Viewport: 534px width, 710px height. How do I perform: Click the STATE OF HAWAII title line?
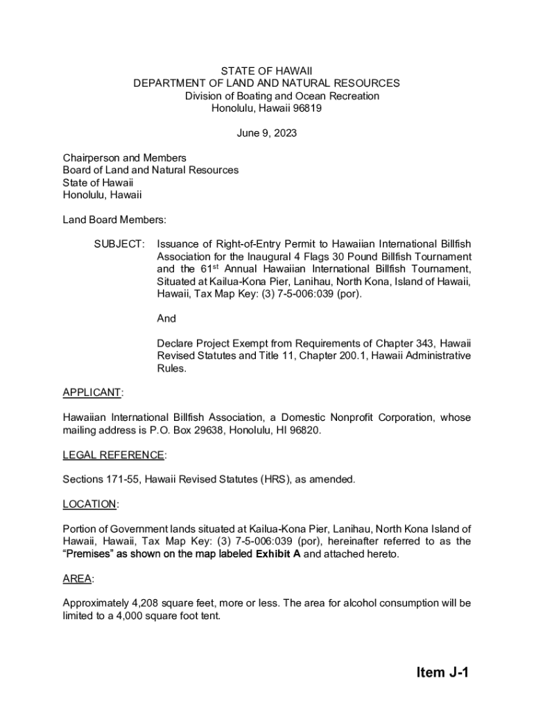pyautogui.click(x=267, y=71)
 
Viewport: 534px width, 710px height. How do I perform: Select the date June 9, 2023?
pyautogui.click(x=267, y=133)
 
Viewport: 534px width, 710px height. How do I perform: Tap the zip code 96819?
pyautogui.click(x=305, y=108)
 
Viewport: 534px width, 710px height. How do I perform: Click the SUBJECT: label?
pyautogui.click(x=120, y=244)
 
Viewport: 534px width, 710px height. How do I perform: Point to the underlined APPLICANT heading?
pyautogui.click(x=92, y=392)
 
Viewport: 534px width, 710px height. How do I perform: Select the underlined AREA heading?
pyautogui.click(x=78, y=578)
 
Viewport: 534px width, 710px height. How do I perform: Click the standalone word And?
pyautogui.click(x=166, y=318)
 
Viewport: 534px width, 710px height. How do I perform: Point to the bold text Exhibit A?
pyautogui.click(x=278, y=553)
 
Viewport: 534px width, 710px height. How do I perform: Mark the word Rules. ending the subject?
pyautogui.click(x=171, y=368)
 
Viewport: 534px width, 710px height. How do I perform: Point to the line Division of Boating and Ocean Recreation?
pyautogui.click(x=282, y=96)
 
